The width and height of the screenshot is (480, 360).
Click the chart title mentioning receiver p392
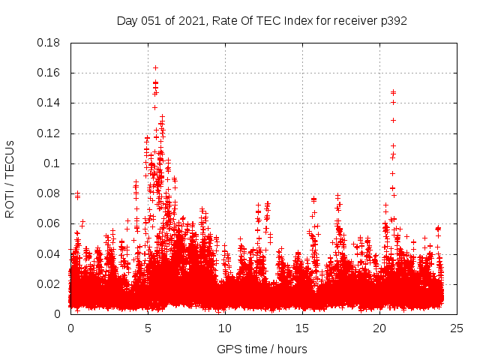pyautogui.click(x=262, y=20)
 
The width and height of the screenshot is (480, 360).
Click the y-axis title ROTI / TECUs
pyautogui.click(x=10, y=178)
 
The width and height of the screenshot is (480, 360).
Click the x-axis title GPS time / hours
pyautogui.click(x=262, y=349)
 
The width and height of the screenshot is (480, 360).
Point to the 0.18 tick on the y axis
pyautogui.click(x=49, y=43)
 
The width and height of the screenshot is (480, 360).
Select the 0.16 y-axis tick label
pyautogui.click(x=49, y=73)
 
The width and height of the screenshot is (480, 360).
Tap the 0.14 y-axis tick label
pyautogui.click(x=49, y=103)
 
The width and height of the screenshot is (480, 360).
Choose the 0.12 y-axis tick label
pyautogui.click(x=49, y=133)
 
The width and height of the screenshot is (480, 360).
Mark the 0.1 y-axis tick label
pyautogui.click(x=52, y=163)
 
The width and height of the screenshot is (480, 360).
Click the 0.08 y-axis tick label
pyautogui.click(x=49, y=193)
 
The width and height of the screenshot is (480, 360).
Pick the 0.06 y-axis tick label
pyautogui.click(x=49, y=223)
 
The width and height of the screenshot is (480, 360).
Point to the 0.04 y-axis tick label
pyautogui.click(x=49, y=253)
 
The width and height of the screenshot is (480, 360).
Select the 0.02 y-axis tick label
pyautogui.click(x=49, y=283)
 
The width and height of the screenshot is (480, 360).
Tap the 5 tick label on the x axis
pyautogui.click(x=148, y=328)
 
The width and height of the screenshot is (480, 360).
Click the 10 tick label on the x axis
pyautogui.click(x=225, y=328)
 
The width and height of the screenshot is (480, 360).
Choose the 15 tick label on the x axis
pyautogui.click(x=302, y=328)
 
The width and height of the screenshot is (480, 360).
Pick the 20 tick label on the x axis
pyautogui.click(x=379, y=328)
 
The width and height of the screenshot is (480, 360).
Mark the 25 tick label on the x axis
pyautogui.click(x=457, y=328)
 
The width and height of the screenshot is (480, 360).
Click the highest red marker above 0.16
pyautogui.click(x=155, y=67)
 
